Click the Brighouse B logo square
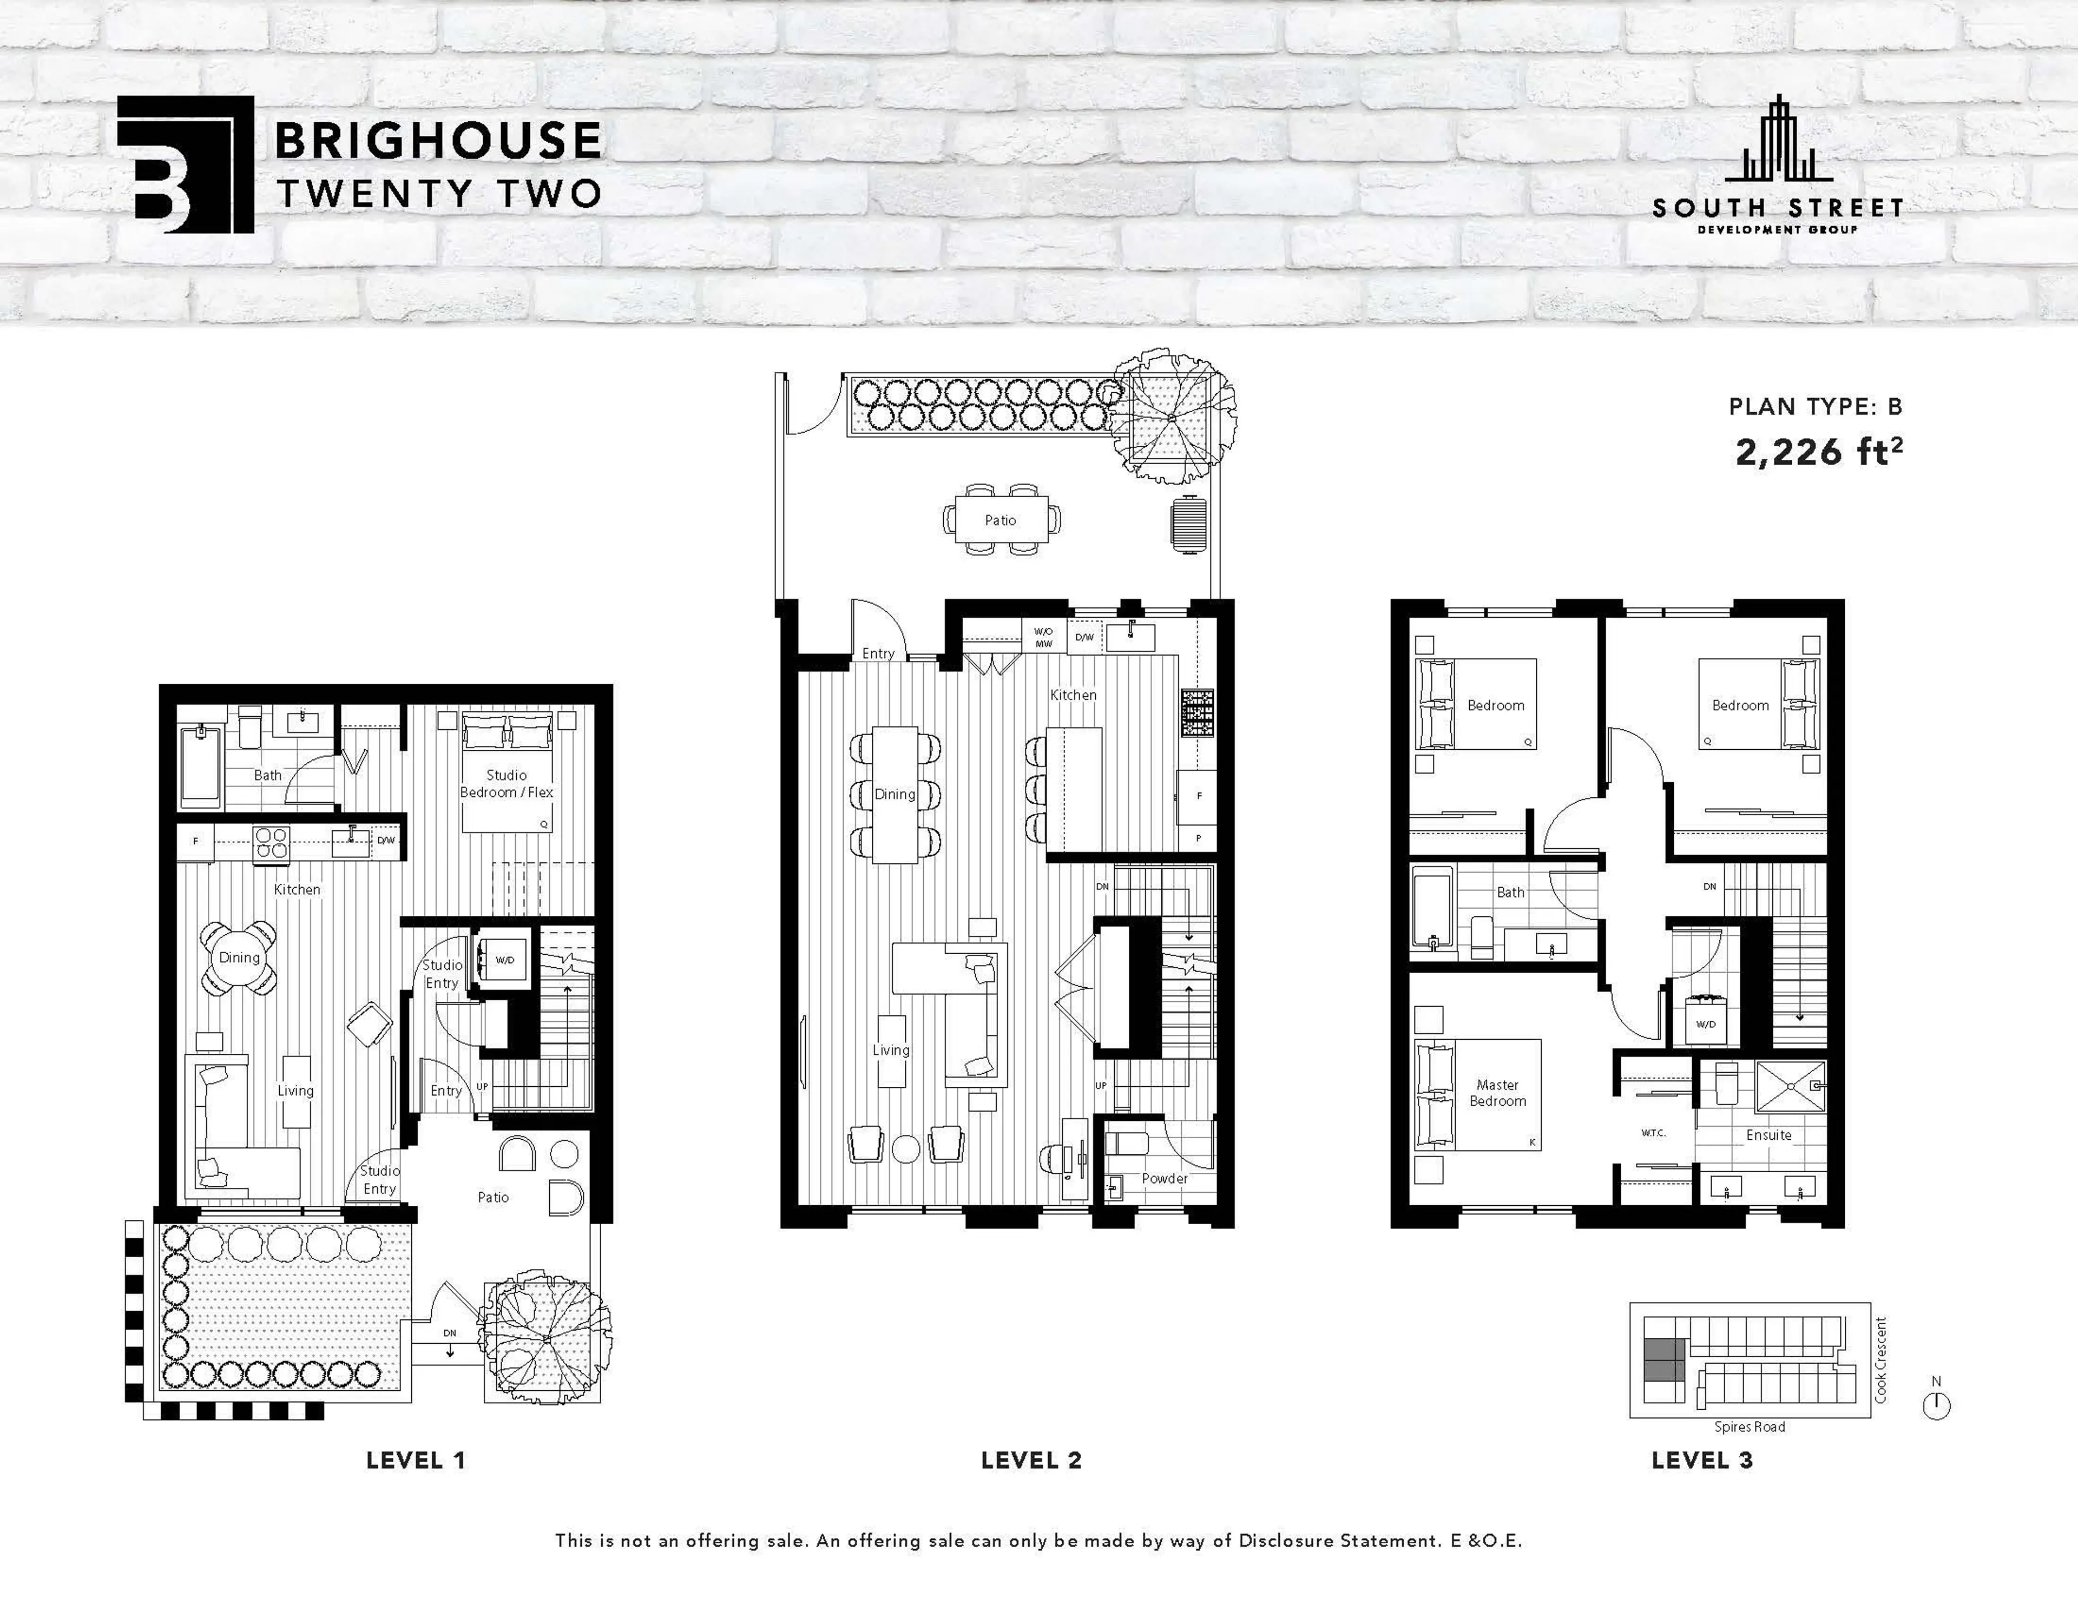click(186, 164)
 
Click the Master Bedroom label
click(1497, 1092)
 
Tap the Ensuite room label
click(1768, 1135)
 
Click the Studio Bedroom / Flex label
click(506, 783)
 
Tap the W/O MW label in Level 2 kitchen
click(1044, 637)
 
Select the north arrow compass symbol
click(1936, 1404)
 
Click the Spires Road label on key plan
click(1749, 1426)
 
